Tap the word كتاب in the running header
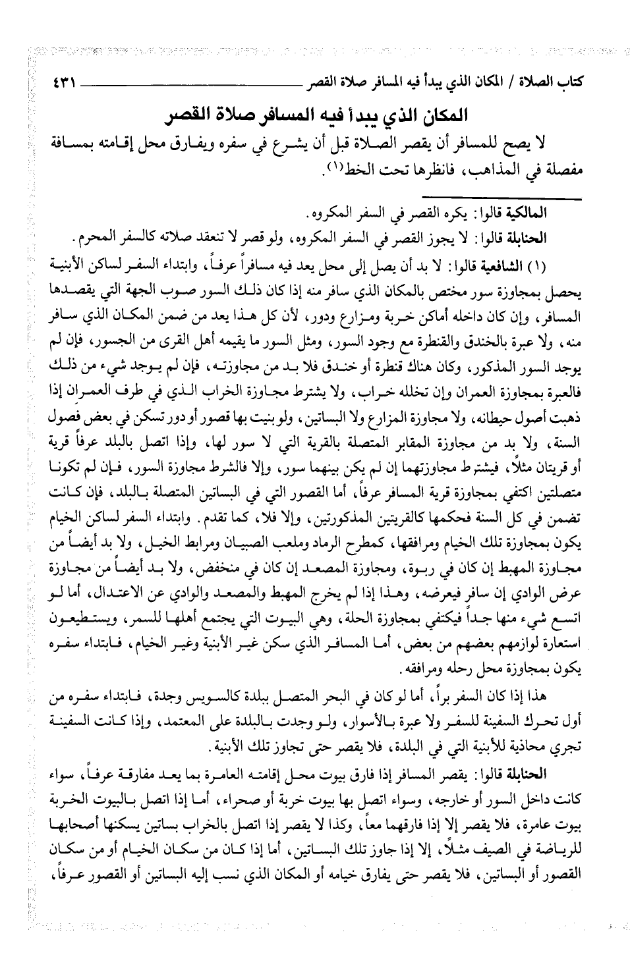pyautogui.click(x=567, y=84)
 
